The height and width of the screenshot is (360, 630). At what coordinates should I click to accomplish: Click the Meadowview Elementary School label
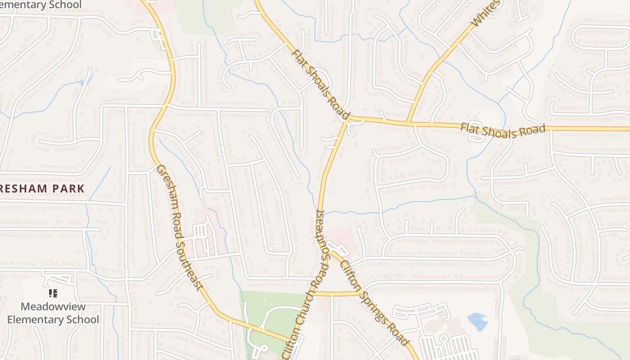point(53,313)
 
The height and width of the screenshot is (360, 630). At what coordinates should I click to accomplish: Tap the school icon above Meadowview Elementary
point(53,294)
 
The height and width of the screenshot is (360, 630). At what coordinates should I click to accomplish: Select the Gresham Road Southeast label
point(180,228)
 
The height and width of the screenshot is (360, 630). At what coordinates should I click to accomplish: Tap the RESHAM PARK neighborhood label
point(42,189)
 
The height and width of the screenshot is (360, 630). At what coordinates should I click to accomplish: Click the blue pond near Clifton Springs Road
point(477,321)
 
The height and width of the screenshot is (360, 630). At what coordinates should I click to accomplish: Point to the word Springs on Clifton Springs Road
point(376,306)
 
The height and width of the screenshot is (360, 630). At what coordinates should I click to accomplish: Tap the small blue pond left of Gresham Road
point(81,82)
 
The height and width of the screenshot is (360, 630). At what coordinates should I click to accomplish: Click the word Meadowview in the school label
point(53,307)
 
